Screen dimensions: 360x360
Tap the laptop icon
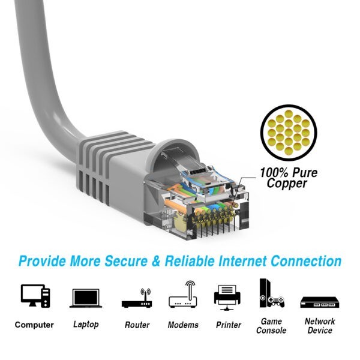click(86, 298)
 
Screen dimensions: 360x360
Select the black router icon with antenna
click(137, 298)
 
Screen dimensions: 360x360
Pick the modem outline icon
click(183, 294)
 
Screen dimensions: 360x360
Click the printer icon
click(227, 298)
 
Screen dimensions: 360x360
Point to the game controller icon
click(277, 301)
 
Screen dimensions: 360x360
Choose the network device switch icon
click(320, 302)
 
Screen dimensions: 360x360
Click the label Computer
click(34, 325)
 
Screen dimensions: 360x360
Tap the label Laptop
click(86, 325)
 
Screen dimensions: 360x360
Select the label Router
click(137, 325)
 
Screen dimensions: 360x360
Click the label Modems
click(183, 325)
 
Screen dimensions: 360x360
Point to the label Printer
click(229, 325)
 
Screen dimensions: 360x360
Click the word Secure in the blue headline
click(126, 261)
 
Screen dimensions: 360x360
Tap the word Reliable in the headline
click(190, 261)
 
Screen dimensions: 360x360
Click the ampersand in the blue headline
click(156, 261)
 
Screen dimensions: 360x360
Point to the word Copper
click(287, 183)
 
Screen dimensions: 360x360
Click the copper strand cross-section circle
click(289, 133)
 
